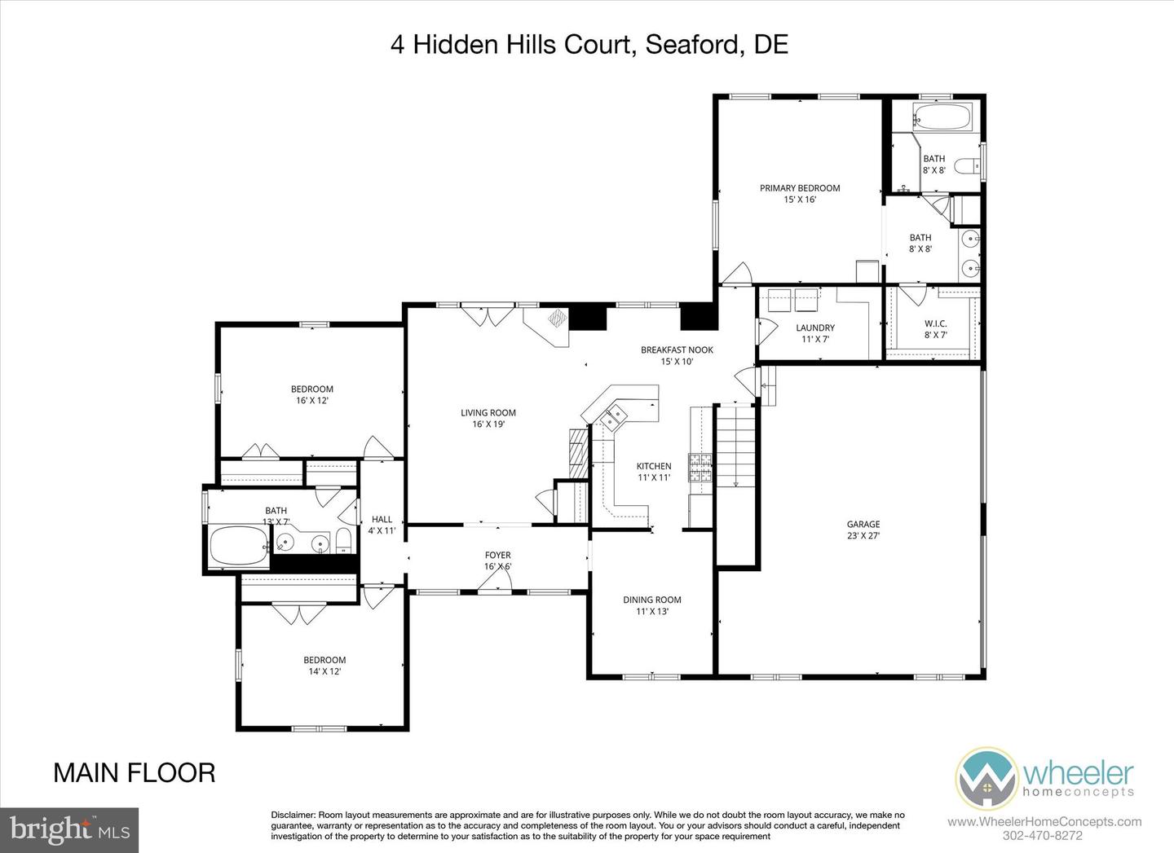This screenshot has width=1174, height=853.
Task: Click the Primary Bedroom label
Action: (x=799, y=193)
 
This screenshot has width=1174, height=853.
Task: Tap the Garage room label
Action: (x=863, y=530)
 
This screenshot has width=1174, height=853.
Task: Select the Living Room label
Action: (x=488, y=418)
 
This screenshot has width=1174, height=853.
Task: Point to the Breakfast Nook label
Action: (x=677, y=355)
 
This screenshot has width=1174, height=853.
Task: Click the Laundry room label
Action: (x=815, y=333)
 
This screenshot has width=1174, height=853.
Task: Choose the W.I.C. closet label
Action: (x=935, y=328)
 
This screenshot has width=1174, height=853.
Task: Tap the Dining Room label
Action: (x=651, y=605)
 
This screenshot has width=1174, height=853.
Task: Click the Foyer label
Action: (x=497, y=561)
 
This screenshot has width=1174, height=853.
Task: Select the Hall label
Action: (x=382, y=525)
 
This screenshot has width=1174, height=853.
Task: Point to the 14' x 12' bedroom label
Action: (x=324, y=666)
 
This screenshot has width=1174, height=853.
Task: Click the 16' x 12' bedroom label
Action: (x=312, y=394)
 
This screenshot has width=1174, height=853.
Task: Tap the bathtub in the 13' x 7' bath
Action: (x=238, y=546)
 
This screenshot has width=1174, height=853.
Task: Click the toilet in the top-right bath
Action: (x=967, y=167)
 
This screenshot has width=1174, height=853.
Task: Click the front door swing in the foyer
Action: (x=497, y=579)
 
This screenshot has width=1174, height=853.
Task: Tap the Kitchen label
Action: (x=654, y=472)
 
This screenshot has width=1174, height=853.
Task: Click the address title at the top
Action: (x=589, y=44)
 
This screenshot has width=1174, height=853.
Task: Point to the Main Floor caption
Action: (x=135, y=772)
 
